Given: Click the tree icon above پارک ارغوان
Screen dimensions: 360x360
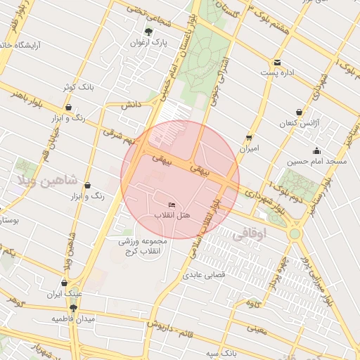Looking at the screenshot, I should coord(148,32).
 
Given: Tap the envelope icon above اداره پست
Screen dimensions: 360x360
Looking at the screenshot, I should coord(278,63).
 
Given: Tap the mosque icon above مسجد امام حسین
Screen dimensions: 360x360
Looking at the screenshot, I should coord(316,150).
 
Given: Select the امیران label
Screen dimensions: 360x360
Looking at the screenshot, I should coord(250,148).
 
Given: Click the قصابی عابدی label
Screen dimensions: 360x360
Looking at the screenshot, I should coord(203,275).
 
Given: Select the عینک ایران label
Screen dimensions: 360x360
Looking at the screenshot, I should coord(64,294).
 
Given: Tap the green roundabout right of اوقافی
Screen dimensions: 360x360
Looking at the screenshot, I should coord(295,233).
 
